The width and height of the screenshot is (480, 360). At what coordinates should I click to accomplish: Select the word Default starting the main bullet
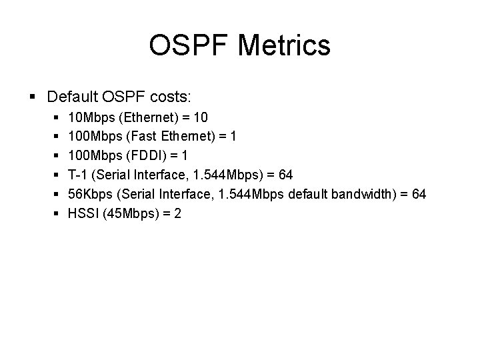pyautogui.click(x=72, y=97)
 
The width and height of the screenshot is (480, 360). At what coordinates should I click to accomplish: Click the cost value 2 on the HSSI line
pyautogui.click(x=177, y=213)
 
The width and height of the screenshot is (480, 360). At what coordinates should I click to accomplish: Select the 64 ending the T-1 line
pyautogui.click(x=285, y=175)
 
